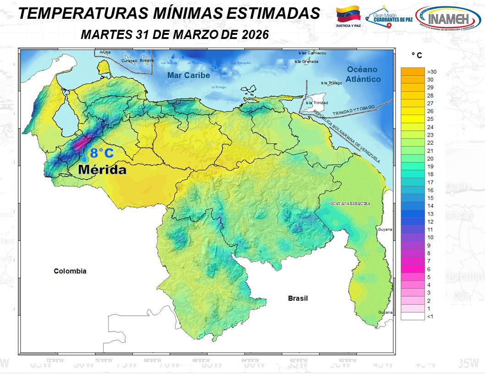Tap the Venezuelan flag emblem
point(348,15)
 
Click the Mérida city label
point(102,170)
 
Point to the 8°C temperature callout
point(101,154)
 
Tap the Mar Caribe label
point(188,75)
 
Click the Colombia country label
point(70,271)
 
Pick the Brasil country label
point(298,298)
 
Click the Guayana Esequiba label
point(349,203)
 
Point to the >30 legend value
point(431,72)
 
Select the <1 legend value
point(430,316)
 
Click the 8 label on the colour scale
point(429,253)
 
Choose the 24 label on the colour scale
point(430,127)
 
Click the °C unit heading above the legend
point(417,55)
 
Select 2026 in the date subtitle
point(251,35)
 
